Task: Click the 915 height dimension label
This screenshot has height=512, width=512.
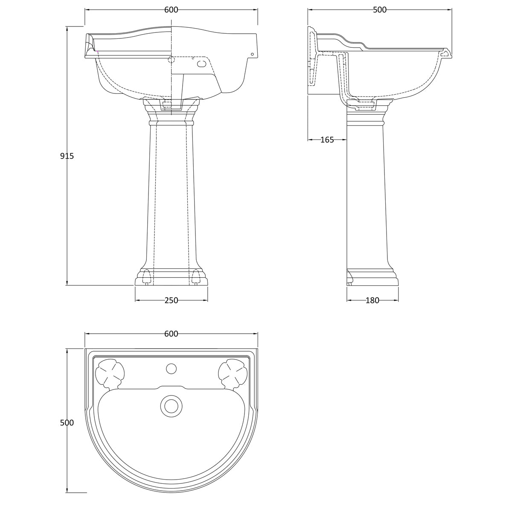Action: tap(67, 156)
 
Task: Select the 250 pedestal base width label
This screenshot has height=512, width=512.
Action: tap(171, 300)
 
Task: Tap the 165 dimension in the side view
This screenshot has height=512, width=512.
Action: tap(327, 140)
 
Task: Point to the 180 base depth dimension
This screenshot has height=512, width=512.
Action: tap(372, 300)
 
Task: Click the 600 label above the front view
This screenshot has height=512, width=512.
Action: tap(171, 10)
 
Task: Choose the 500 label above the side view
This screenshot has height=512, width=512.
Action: tap(379, 10)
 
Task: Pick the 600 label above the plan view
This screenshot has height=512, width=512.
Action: tap(171, 334)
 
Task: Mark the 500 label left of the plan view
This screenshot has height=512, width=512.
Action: tap(67, 422)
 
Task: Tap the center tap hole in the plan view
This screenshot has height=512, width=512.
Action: tap(171, 368)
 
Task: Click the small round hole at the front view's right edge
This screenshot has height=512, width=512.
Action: tap(252, 54)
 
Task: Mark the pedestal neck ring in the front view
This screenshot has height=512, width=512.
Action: tap(171, 122)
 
